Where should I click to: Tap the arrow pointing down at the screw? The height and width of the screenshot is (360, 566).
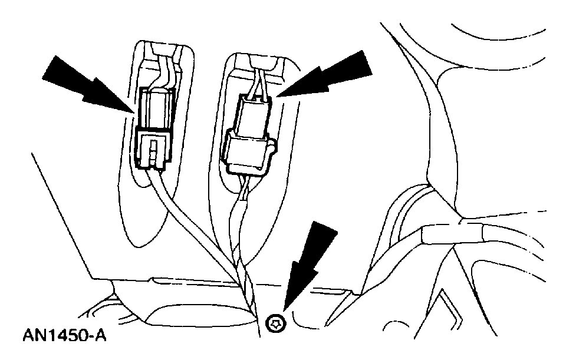pyautogui.click(x=310, y=259)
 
